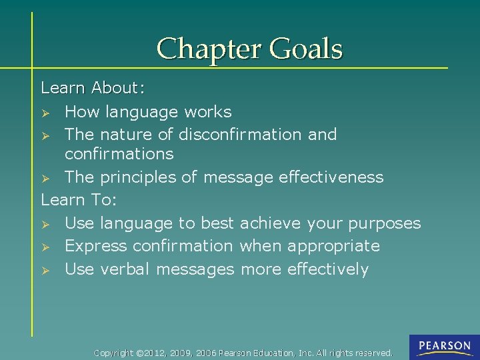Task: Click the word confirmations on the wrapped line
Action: [x=119, y=154]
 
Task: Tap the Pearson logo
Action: [x=444, y=346]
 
